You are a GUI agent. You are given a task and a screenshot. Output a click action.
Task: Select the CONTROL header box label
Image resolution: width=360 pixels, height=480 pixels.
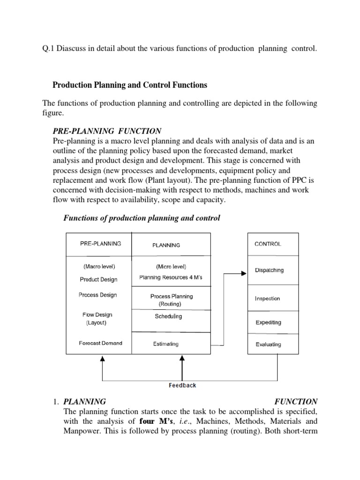click(268, 244)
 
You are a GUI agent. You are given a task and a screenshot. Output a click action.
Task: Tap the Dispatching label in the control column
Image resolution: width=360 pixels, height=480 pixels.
click(269, 270)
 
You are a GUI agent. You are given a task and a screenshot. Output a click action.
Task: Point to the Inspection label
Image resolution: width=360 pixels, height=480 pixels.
click(267, 299)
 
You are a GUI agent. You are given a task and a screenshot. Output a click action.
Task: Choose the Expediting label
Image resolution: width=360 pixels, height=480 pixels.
click(268, 322)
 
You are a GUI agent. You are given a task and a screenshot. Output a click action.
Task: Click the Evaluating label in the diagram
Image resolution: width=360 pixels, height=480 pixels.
click(268, 344)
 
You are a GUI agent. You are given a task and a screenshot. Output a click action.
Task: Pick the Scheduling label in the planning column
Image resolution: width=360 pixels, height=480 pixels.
click(168, 316)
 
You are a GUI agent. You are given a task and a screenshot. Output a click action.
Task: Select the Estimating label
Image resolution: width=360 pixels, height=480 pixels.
click(165, 344)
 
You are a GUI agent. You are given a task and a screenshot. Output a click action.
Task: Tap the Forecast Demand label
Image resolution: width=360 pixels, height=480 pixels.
click(100, 343)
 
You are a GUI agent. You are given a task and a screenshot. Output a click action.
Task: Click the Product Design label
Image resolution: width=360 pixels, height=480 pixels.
click(98, 279)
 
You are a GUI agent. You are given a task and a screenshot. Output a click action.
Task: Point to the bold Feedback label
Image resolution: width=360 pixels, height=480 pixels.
click(182, 385)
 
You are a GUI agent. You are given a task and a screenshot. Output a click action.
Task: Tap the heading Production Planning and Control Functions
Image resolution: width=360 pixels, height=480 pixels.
click(130, 85)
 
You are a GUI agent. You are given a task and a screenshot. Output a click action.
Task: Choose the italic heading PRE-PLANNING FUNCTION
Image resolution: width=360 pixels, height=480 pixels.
click(108, 131)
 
